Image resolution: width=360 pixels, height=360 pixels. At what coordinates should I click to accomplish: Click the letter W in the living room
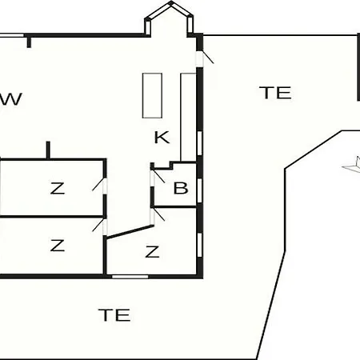tap(10, 99)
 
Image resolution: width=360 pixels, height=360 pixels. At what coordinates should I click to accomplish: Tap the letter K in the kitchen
tap(162, 138)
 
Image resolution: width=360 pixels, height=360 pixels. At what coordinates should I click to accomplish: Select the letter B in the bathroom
tap(181, 188)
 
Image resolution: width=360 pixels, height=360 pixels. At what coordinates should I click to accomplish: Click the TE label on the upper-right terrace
tap(275, 93)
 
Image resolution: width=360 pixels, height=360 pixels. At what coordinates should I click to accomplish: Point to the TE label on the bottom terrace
tap(114, 314)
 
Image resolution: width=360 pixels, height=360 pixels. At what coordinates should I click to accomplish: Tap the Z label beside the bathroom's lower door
tap(152, 252)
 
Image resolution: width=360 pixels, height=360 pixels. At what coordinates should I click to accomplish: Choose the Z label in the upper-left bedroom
tap(58, 188)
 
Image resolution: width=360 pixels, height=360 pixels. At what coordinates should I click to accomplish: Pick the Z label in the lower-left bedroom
tap(58, 246)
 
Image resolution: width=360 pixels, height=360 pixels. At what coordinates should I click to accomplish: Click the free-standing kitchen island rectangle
tap(152, 95)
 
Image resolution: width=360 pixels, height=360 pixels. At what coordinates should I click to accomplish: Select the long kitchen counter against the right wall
tap(189, 118)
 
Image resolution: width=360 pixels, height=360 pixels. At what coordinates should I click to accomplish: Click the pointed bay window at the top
tap(169, 18)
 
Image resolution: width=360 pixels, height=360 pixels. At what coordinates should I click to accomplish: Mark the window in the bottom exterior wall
tap(130, 277)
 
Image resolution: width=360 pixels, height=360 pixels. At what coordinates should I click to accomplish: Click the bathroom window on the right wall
tap(199, 190)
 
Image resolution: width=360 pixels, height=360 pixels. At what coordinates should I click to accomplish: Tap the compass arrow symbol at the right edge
tap(352, 166)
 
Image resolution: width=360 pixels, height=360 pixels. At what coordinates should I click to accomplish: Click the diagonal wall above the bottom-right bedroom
tap(130, 231)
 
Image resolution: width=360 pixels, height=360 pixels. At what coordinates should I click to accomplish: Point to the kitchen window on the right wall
tap(199, 142)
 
